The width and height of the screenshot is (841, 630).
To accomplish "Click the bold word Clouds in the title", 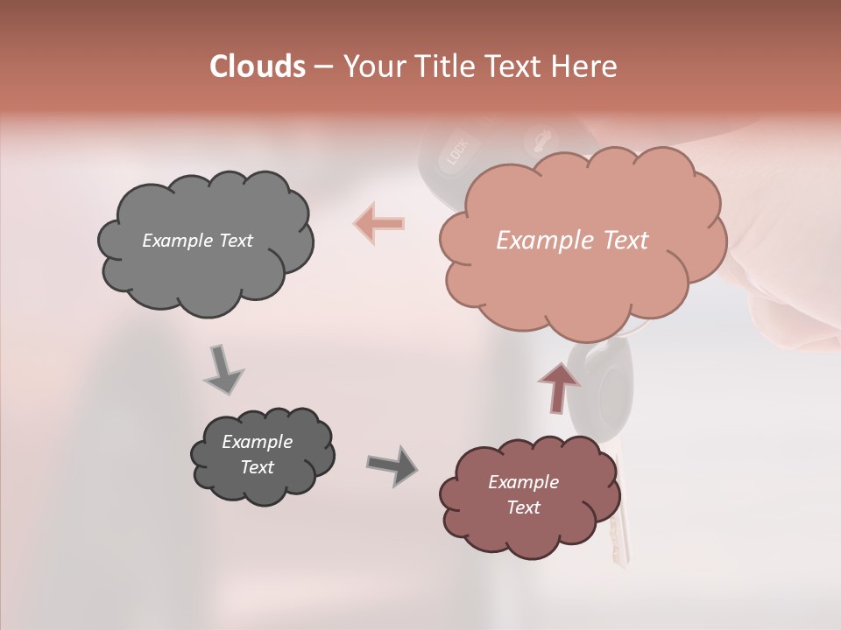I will (x=258, y=66).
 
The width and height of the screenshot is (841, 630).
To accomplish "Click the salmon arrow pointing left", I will (x=379, y=223).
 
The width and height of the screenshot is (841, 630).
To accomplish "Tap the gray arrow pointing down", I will (x=222, y=368).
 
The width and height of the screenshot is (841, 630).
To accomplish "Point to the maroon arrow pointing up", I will (x=558, y=386).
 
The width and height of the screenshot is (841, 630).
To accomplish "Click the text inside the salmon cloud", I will (x=572, y=241).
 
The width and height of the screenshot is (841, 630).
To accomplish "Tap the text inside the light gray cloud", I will (x=197, y=241).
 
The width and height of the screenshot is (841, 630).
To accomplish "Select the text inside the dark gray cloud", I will (x=257, y=454).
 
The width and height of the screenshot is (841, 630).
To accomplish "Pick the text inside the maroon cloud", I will (x=523, y=494).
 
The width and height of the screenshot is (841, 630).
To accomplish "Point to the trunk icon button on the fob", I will (x=535, y=139).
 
